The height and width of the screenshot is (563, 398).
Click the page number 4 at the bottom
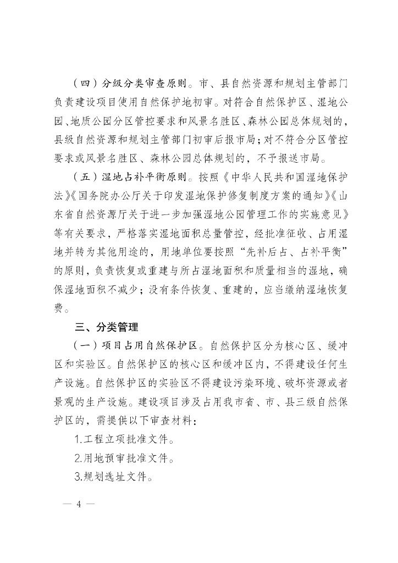79,504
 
